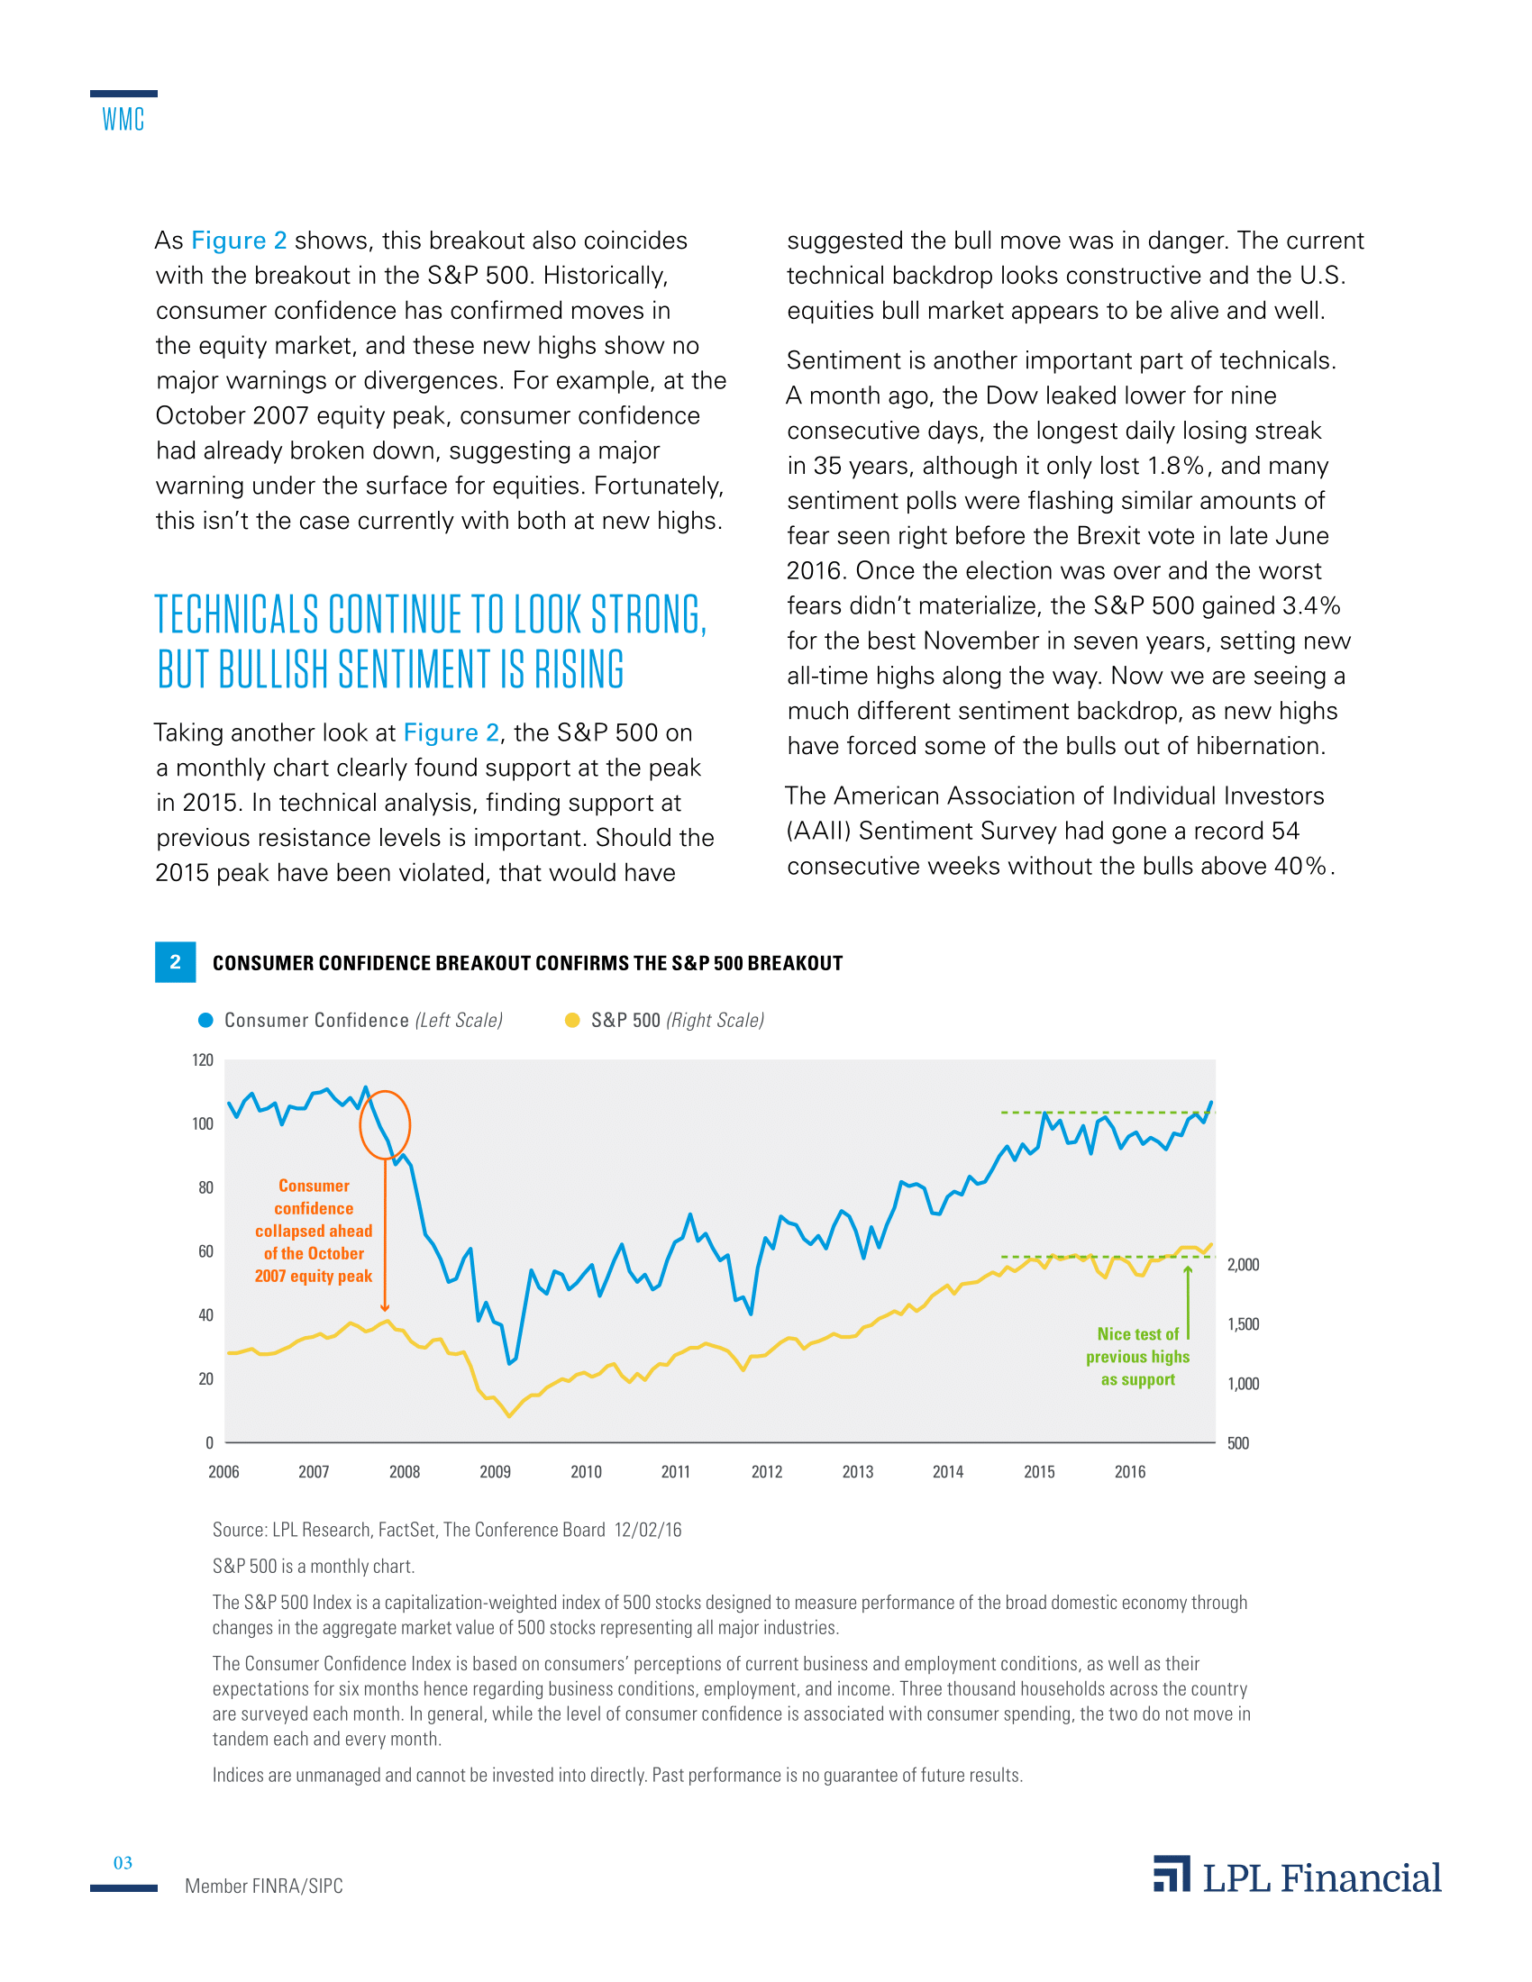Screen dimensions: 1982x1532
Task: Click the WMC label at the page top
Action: pos(123,119)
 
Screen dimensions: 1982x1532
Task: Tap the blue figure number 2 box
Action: pos(175,962)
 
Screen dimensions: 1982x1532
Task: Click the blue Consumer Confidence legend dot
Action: pos(206,1020)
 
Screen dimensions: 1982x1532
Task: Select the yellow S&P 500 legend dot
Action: pos(572,1020)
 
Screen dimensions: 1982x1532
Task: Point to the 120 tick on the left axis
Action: pos(203,1060)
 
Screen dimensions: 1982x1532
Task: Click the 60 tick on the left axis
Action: pos(205,1251)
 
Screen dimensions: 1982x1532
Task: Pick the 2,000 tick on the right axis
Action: pos(1243,1264)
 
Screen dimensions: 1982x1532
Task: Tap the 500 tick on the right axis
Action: pos(1238,1443)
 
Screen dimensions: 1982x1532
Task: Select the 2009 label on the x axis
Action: pos(495,1472)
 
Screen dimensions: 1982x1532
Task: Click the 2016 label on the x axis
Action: pos(1130,1472)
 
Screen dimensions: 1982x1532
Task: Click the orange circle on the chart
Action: pos(385,1125)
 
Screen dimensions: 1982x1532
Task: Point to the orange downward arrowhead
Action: pos(385,1308)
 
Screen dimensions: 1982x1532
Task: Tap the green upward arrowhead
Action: pos(1187,1270)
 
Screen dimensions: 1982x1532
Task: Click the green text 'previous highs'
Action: pos(1137,1357)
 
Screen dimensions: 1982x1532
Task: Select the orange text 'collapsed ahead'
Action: pos(313,1231)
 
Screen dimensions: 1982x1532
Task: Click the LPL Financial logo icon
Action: pos(1172,1875)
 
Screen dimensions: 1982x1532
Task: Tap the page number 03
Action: pos(123,1863)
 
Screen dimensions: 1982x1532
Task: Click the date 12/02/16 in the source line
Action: pos(648,1530)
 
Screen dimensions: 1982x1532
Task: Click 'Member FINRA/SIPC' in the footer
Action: pos(264,1886)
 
